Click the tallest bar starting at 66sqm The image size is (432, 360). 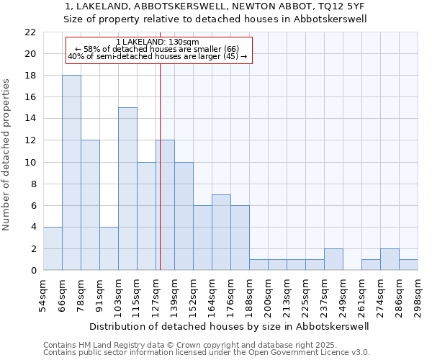tap(71, 173)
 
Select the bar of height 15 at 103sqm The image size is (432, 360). tap(127, 189)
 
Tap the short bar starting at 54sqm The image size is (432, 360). tap(53, 248)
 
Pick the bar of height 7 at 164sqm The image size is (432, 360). tap(221, 232)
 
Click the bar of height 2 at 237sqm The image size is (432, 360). tap(333, 259)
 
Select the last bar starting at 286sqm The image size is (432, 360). tap(408, 264)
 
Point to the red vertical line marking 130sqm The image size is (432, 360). tap(160, 180)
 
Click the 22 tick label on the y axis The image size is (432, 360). tap(30, 32)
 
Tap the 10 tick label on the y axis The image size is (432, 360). tap(30, 162)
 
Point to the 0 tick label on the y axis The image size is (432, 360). tap(32, 270)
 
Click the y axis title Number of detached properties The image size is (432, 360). tap(7, 155)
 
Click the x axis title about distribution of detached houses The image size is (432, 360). tap(230, 326)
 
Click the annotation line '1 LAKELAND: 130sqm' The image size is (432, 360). tap(157, 42)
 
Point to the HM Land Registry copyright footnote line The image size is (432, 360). tap(206, 345)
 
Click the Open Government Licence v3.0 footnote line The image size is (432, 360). tap(206, 352)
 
